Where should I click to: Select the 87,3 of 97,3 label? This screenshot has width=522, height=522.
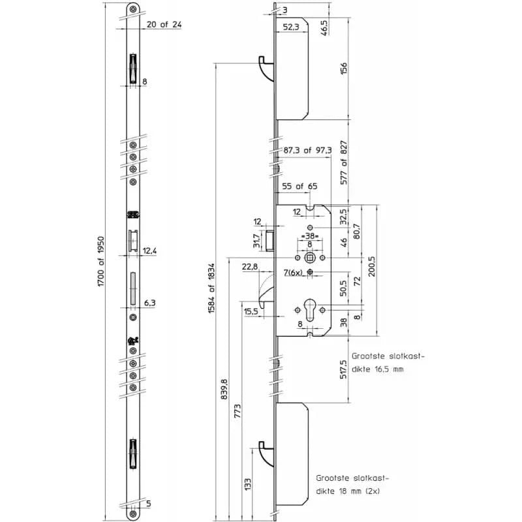pos(308,151)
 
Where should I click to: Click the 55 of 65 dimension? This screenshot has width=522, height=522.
pos(299,186)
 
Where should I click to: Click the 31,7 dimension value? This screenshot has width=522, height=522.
pos(257,241)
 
